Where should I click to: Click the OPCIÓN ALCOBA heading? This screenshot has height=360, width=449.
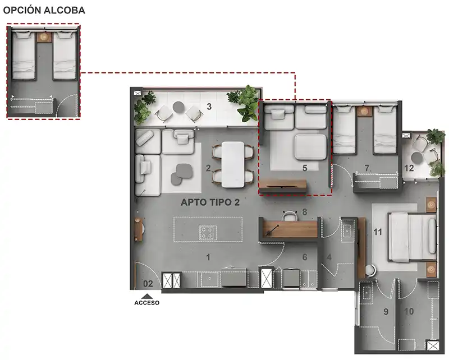[44, 10]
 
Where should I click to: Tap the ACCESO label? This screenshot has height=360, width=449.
[147, 303]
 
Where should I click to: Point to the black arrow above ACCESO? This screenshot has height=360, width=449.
[147, 297]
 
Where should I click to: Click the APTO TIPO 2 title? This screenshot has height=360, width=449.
[210, 202]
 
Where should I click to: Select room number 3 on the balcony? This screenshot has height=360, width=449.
[209, 107]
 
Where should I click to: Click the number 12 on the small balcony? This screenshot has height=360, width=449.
[409, 168]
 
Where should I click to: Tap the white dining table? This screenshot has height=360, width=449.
[233, 164]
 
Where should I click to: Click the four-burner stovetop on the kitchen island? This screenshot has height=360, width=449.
[208, 232]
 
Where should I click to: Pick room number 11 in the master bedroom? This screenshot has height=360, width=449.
[378, 232]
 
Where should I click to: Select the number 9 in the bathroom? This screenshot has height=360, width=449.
[386, 311]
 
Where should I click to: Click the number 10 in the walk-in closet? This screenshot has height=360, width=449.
[409, 311]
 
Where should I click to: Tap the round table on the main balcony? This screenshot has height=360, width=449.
[178, 107]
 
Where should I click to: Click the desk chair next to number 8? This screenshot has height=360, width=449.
[290, 215]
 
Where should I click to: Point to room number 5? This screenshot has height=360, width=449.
[305, 168]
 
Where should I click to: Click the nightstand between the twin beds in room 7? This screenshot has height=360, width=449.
[365, 111]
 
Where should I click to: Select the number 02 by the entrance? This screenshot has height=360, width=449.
[148, 284]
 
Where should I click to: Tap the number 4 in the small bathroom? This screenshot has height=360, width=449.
[329, 257]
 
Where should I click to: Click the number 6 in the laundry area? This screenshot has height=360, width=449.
[305, 257]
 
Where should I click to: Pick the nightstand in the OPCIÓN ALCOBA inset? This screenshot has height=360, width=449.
[44, 37]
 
